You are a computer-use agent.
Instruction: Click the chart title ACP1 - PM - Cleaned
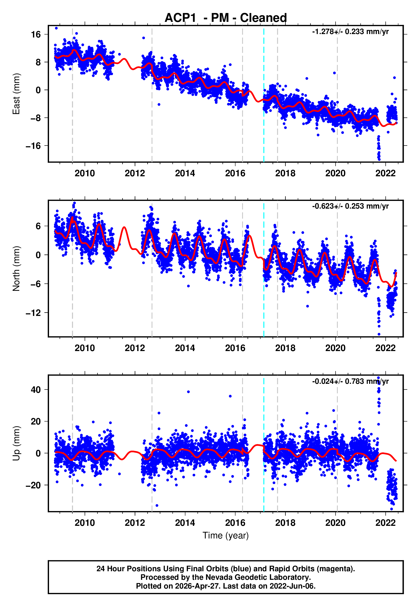(226, 18)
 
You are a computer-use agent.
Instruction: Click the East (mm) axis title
(16, 94)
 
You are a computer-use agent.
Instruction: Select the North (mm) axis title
(16, 269)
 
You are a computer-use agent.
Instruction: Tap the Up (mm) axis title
(16, 443)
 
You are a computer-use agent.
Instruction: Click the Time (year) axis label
(226, 535)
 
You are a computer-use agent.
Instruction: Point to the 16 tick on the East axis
(36, 34)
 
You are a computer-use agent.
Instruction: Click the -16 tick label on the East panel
(33, 146)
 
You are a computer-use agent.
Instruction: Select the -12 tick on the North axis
(33, 313)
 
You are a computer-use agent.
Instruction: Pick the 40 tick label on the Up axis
(36, 390)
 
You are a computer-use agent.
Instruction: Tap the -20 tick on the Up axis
(33, 485)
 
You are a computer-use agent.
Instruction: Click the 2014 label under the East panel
(185, 173)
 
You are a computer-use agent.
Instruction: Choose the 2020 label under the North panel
(335, 348)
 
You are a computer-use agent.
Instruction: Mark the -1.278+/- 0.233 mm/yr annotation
(350, 32)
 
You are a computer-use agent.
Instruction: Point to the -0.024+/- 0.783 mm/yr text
(350, 381)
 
